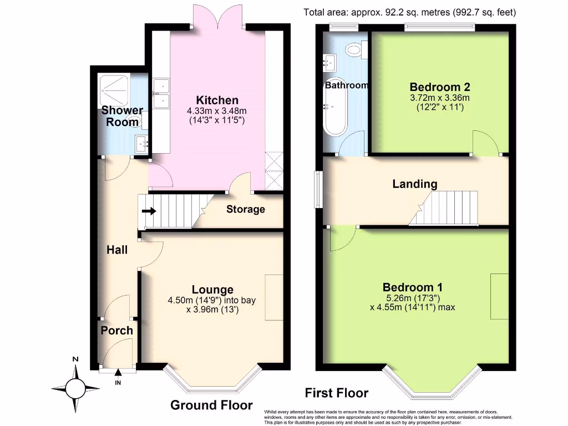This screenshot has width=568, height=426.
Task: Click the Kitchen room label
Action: coord(217,100)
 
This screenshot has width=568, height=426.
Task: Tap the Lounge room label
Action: coord(212,290)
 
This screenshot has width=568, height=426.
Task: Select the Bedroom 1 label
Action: coord(412,287)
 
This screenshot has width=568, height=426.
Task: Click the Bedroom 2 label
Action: coord(440,87)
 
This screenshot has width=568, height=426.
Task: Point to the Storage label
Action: coord(245,210)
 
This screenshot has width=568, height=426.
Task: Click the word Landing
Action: coord(415,184)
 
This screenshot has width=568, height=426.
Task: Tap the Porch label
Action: coord(116,331)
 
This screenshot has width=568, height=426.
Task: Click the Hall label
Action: coord(117,250)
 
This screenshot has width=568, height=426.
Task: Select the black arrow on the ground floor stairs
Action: coord(149,211)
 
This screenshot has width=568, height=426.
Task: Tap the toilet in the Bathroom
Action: coord(353,50)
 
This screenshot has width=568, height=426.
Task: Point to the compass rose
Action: coord(75,386)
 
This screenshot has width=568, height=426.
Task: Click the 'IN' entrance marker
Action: coord(118,383)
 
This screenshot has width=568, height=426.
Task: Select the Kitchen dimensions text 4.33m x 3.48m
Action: coord(217,111)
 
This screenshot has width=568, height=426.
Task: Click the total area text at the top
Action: coord(409,12)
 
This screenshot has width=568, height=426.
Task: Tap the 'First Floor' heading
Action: coord(337,393)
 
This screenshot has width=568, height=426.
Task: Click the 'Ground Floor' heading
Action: coord(211,405)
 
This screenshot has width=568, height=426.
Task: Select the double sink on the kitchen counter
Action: coord(162,94)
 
